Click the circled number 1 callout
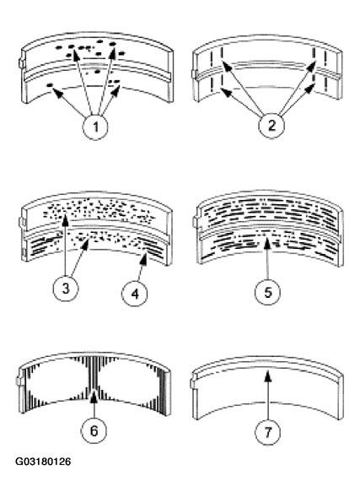[x=95, y=127]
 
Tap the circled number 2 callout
[x=271, y=126]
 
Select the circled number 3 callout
[x=66, y=289]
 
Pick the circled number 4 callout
[x=135, y=294]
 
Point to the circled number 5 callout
[x=267, y=292]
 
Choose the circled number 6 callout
[x=94, y=430]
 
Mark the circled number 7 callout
[x=268, y=432]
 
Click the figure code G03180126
[x=43, y=462]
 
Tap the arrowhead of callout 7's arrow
[x=268, y=375]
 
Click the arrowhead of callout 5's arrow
[x=267, y=243]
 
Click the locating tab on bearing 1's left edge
[x=21, y=62]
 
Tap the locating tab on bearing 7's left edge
[x=193, y=384]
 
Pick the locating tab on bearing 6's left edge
[x=19, y=381]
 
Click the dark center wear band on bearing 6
[x=93, y=374]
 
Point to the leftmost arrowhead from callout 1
[x=56, y=92]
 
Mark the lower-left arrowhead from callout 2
[x=225, y=92]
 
